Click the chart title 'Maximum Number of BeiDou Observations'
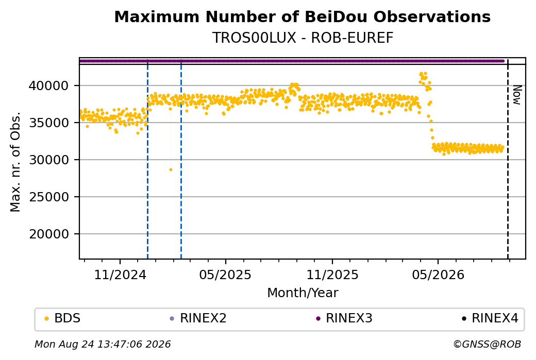coord(302,16)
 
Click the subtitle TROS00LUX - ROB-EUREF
coord(303,38)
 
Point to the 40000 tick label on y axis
coord(49,85)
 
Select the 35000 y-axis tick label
coord(49,123)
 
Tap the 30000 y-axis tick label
coord(49,160)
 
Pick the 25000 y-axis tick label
coord(49,197)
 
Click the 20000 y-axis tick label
coord(49,234)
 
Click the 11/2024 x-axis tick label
coord(120,275)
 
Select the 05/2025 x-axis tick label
coord(225,275)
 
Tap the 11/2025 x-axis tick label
coord(332,275)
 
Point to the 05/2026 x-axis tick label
coord(438,275)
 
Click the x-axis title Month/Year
coord(303,293)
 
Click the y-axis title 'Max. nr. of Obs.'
coord(15,162)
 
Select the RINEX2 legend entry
coord(198,318)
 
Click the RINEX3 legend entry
coord(344,318)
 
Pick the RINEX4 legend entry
coord(490,318)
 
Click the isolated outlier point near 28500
coord(171,170)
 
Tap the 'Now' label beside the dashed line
coord(517,95)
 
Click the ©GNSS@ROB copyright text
coord(487,344)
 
